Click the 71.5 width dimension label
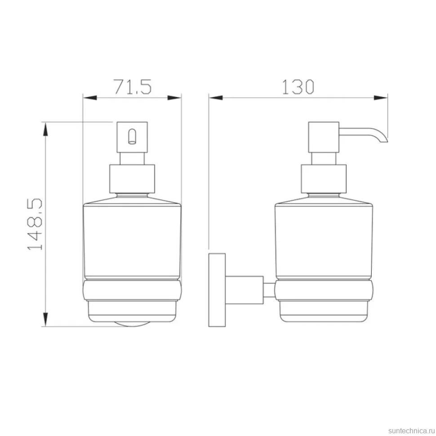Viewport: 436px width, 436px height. pyautogui.click(x=133, y=86)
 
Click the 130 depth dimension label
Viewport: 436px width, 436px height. pyautogui.click(x=298, y=86)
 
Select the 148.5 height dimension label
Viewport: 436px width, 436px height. pyautogui.click(x=35, y=224)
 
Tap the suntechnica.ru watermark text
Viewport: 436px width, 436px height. pyautogui.click(x=411, y=431)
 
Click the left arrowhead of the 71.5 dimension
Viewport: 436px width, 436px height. pyautogui.click(x=90, y=98)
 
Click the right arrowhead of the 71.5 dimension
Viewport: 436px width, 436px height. pyautogui.click(x=174, y=98)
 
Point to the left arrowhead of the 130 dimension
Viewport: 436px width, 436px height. pyautogui.click(x=216, y=98)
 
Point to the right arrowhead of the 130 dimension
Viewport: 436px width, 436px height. pyautogui.click(x=380, y=98)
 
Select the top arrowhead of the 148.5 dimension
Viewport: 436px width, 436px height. pyautogui.click(x=45, y=129)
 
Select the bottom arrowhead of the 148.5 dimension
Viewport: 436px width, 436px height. pyautogui.click(x=45, y=320)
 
